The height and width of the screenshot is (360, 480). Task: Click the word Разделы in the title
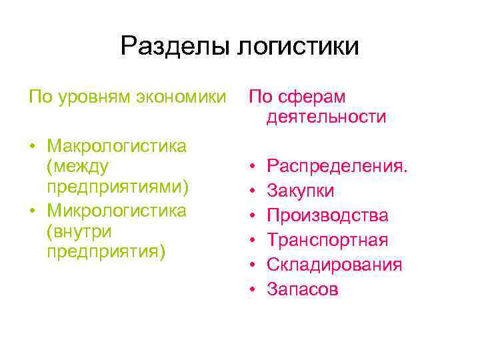click(x=175, y=47)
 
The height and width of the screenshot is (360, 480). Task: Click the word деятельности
click(x=327, y=117)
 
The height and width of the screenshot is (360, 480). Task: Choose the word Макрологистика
click(x=117, y=145)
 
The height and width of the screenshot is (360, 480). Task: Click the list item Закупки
click(x=301, y=191)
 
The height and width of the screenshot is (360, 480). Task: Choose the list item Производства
click(x=327, y=216)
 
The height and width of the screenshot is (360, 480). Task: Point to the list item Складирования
click(x=335, y=265)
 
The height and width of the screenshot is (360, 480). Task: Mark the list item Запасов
click(x=303, y=289)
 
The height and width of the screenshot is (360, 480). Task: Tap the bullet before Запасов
click(x=253, y=289)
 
